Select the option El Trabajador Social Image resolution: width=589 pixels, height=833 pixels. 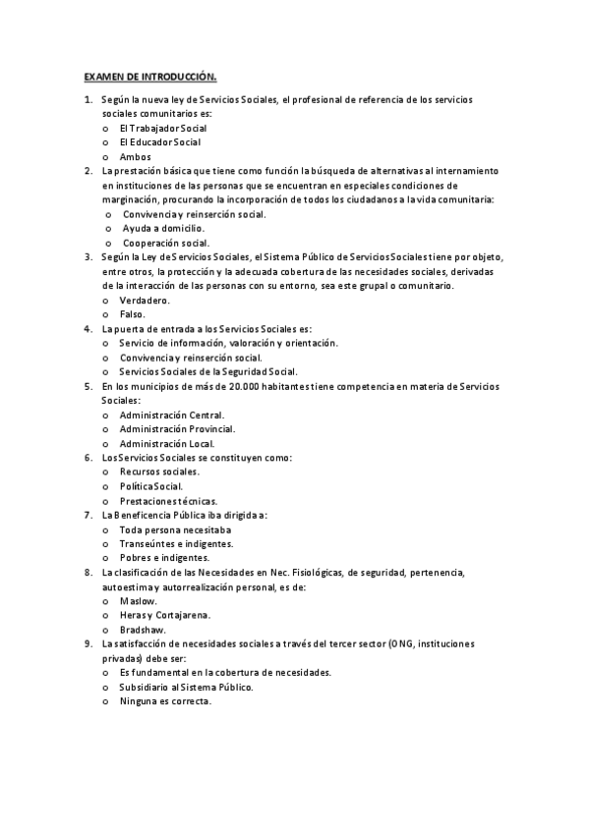tap(162, 128)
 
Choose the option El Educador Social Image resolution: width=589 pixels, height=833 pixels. tap(159, 142)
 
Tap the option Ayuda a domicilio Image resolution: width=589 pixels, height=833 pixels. tap(163, 228)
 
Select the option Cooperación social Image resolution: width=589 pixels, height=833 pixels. tap(165, 243)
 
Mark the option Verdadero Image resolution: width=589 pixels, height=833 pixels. tap(145, 300)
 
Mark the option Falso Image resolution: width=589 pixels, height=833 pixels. tap(133, 314)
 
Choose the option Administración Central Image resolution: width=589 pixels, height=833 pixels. tap(171, 415)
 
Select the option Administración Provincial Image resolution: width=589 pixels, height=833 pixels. tap(177, 428)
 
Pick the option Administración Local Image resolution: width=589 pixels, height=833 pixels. tap(166, 443)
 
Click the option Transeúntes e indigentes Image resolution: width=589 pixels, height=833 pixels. tap(176, 543)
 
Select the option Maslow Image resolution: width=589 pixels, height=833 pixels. tap(138, 600)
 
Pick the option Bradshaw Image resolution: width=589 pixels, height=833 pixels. tap(143, 629)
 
